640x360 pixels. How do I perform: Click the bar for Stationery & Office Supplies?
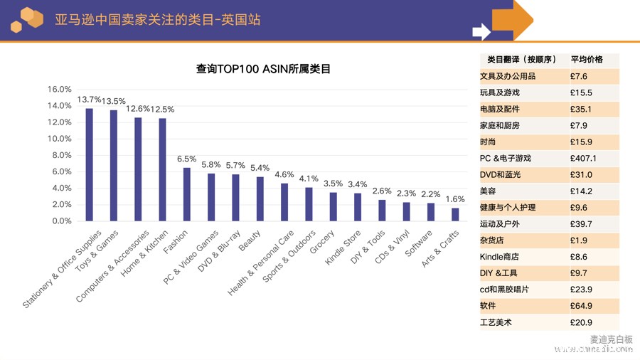pos(90,164)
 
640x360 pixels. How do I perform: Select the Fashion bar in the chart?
pos(187,194)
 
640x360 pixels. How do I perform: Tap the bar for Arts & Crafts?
pos(455,214)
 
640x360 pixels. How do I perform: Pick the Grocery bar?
pos(334,206)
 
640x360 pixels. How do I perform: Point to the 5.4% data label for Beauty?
pos(260,169)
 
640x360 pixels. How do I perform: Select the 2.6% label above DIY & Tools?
pos(382,191)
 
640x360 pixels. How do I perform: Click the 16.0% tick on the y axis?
pos(60,90)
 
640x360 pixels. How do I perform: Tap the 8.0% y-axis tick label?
pos(60,155)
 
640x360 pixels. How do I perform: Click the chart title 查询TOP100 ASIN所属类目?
pos(263,70)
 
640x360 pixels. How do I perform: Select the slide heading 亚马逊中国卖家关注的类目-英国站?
pos(157,19)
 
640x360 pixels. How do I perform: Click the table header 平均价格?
pos(587,60)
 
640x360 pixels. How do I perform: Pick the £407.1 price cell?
pos(583,159)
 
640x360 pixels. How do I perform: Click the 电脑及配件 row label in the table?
pos(500,110)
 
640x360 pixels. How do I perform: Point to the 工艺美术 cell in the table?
pos(496,323)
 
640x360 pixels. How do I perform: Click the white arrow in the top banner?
pos(481,31)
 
